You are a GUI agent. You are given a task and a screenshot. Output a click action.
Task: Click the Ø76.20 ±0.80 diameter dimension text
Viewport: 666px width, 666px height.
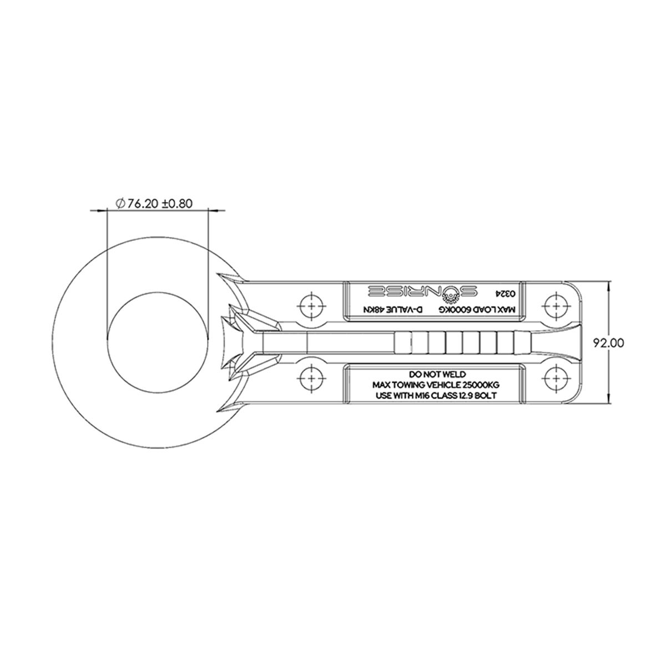click(x=154, y=204)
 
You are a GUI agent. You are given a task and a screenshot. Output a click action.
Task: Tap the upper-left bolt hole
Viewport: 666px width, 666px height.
click(x=311, y=305)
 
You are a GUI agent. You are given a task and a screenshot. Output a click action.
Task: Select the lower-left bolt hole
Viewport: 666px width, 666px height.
click(x=311, y=381)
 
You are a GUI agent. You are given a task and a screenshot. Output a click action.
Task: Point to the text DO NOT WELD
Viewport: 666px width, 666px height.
click(x=436, y=374)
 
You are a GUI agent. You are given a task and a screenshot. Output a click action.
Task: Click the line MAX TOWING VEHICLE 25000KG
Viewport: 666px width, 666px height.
click(x=436, y=385)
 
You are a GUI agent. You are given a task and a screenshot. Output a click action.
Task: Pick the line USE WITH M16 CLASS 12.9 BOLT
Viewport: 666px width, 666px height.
click(x=436, y=395)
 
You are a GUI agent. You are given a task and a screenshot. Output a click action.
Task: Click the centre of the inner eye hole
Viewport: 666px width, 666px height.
click(x=158, y=343)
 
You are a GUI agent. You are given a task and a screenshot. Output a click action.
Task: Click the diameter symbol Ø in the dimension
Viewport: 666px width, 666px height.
click(x=120, y=204)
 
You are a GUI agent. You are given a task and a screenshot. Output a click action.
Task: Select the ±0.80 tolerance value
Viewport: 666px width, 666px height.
click(x=177, y=204)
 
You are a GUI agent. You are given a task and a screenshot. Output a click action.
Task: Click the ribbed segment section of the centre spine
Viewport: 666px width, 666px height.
click(x=455, y=343)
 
